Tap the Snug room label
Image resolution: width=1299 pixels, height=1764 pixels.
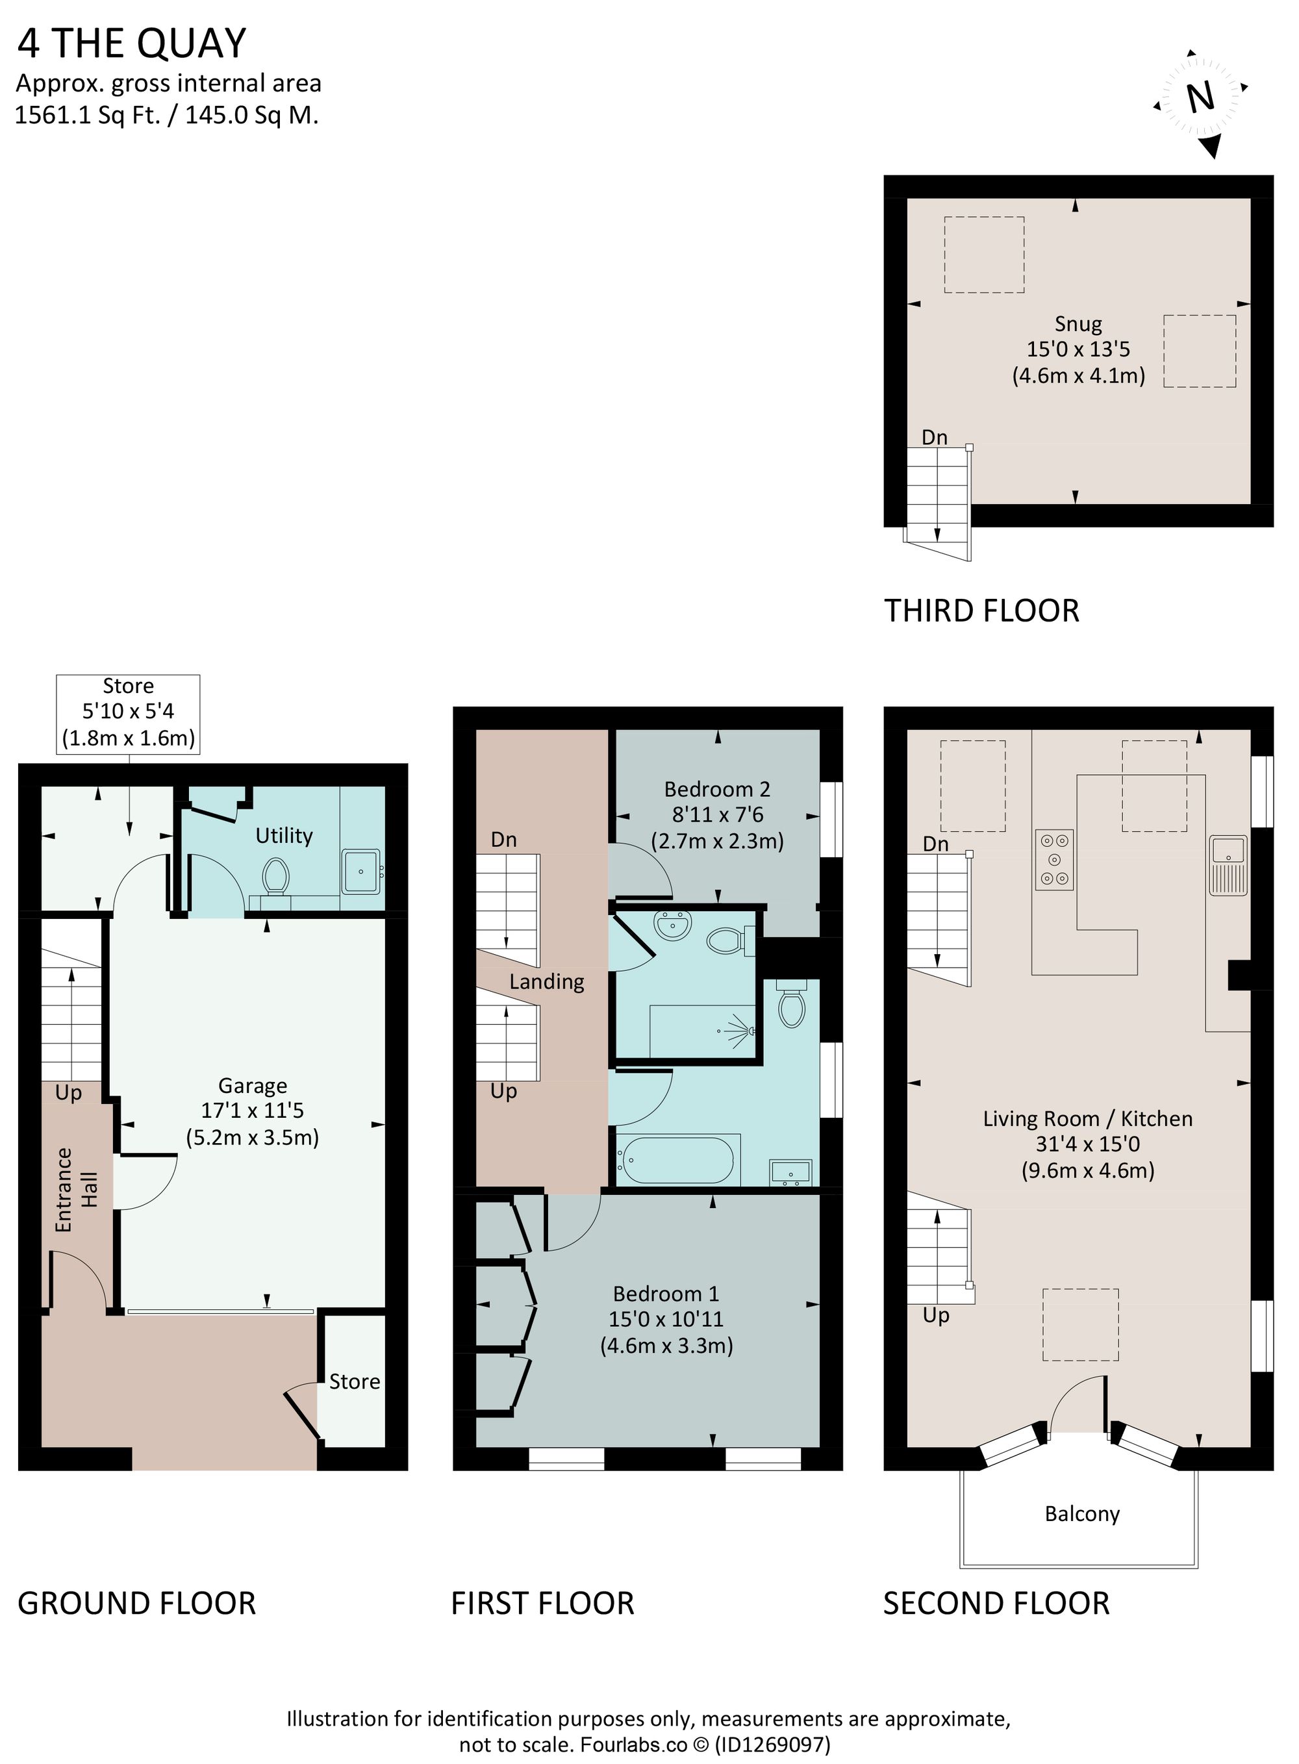(1078, 324)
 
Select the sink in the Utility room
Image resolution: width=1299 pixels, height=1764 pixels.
(362, 871)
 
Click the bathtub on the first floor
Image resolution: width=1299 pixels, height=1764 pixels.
(678, 1159)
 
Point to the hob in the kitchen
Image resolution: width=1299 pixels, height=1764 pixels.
(1054, 859)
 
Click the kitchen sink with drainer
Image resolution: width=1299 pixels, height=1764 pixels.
(1228, 864)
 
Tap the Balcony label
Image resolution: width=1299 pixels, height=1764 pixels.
(1082, 1513)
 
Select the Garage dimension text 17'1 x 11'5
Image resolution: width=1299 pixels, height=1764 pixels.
(253, 1111)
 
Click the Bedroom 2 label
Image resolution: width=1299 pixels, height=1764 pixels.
(716, 789)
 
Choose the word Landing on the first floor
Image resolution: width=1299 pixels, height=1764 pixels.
(546, 982)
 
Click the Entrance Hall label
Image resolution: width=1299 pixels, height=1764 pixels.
(76, 1190)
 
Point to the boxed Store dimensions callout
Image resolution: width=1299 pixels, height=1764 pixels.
(128, 712)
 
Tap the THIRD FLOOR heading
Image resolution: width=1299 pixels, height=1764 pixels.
(981, 611)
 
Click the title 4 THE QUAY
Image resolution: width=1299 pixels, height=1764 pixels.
(132, 44)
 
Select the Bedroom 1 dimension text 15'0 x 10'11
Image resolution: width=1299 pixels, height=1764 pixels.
(666, 1319)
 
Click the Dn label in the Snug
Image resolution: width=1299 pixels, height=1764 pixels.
(934, 437)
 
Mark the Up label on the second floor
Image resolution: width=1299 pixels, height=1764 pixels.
(936, 1315)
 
